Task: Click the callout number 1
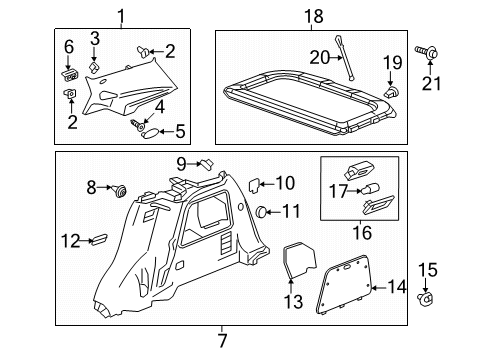[x=121, y=15]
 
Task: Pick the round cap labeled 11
[x=262, y=211]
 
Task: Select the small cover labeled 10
[x=254, y=184]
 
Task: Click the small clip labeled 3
[x=94, y=67]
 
